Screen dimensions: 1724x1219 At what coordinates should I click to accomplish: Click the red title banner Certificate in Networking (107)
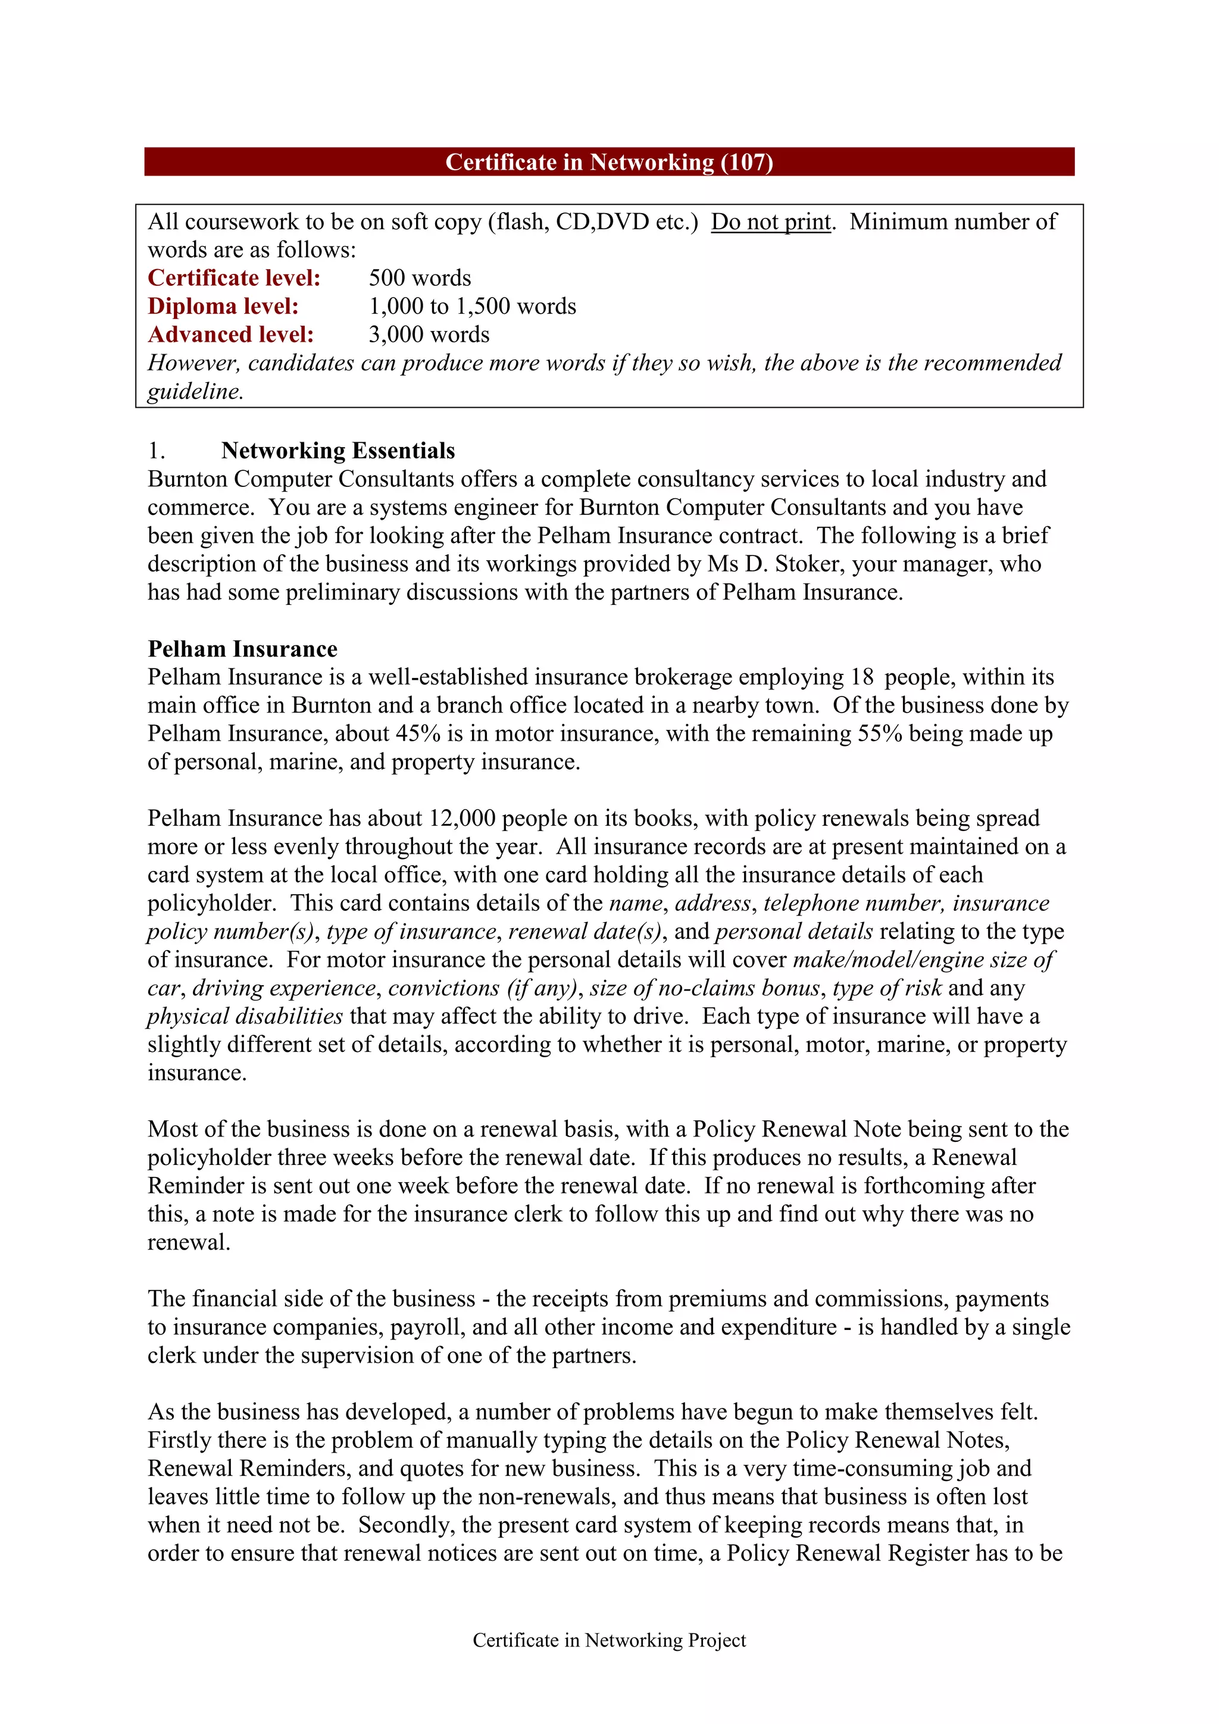[x=609, y=162]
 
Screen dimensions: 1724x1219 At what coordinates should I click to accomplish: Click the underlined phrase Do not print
[x=771, y=222]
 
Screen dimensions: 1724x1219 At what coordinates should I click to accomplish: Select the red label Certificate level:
[x=234, y=279]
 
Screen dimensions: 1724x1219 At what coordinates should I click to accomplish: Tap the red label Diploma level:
[x=223, y=307]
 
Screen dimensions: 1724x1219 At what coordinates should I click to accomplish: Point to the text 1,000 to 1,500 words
[x=472, y=307]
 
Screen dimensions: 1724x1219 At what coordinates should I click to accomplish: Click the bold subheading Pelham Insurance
[x=242, y=649]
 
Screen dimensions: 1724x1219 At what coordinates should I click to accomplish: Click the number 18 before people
[x=862, y=677]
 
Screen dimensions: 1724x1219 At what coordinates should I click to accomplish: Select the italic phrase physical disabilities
[x=245, y=1017]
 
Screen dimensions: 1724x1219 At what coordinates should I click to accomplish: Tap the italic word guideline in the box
[x=195, y=392]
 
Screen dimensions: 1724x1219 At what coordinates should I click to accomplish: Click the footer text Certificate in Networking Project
[x=609, y=1641]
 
